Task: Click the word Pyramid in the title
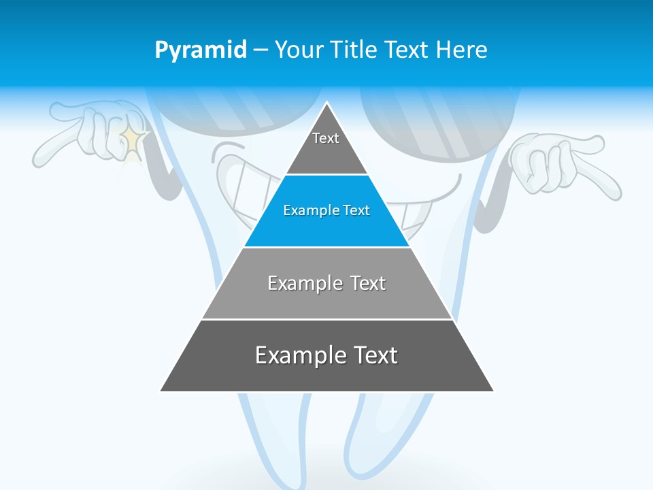(200, 50)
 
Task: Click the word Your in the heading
(300, 50)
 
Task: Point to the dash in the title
(260, 50)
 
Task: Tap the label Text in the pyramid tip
(326, 138)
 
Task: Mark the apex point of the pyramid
(327, 103)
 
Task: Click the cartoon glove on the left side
(92, 133)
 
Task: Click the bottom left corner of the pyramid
(161, 391)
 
